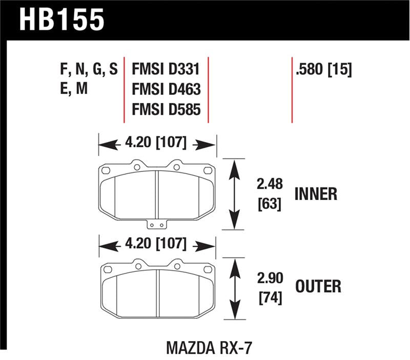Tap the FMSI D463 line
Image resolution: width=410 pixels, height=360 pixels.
166,90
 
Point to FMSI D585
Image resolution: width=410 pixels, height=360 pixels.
166,110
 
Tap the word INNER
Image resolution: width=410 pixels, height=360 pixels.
316,194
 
